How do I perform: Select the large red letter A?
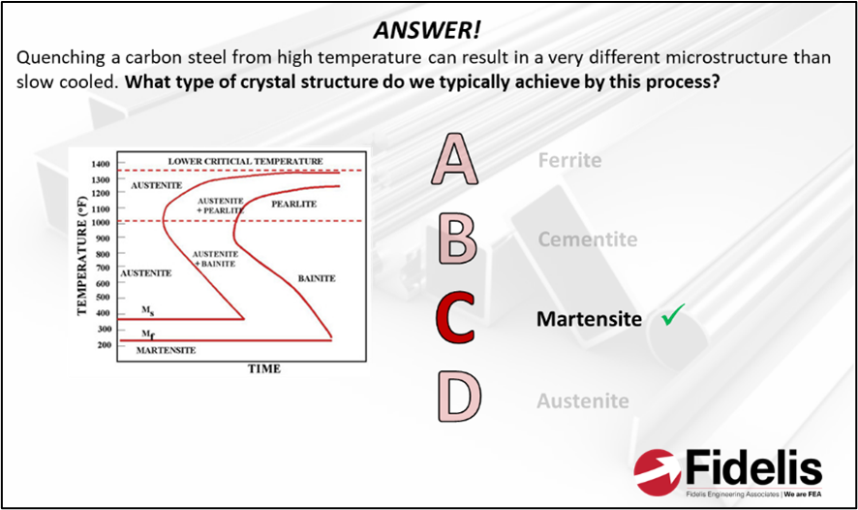tap(454, 160)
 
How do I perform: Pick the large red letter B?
tap(456, 239)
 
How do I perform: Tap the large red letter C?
tap(455, 319)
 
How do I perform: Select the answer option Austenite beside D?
tap(582, 400)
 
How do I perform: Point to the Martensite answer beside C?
tap(589, 319)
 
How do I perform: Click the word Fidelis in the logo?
tap(751, 469)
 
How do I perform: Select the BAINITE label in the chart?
tap(316, 278)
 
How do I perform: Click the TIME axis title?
tap(263, 368)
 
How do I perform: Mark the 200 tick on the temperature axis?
tap(105, 344)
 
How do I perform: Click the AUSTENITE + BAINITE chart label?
tap(216, 258)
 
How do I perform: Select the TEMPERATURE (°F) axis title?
tap(83, 254)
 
